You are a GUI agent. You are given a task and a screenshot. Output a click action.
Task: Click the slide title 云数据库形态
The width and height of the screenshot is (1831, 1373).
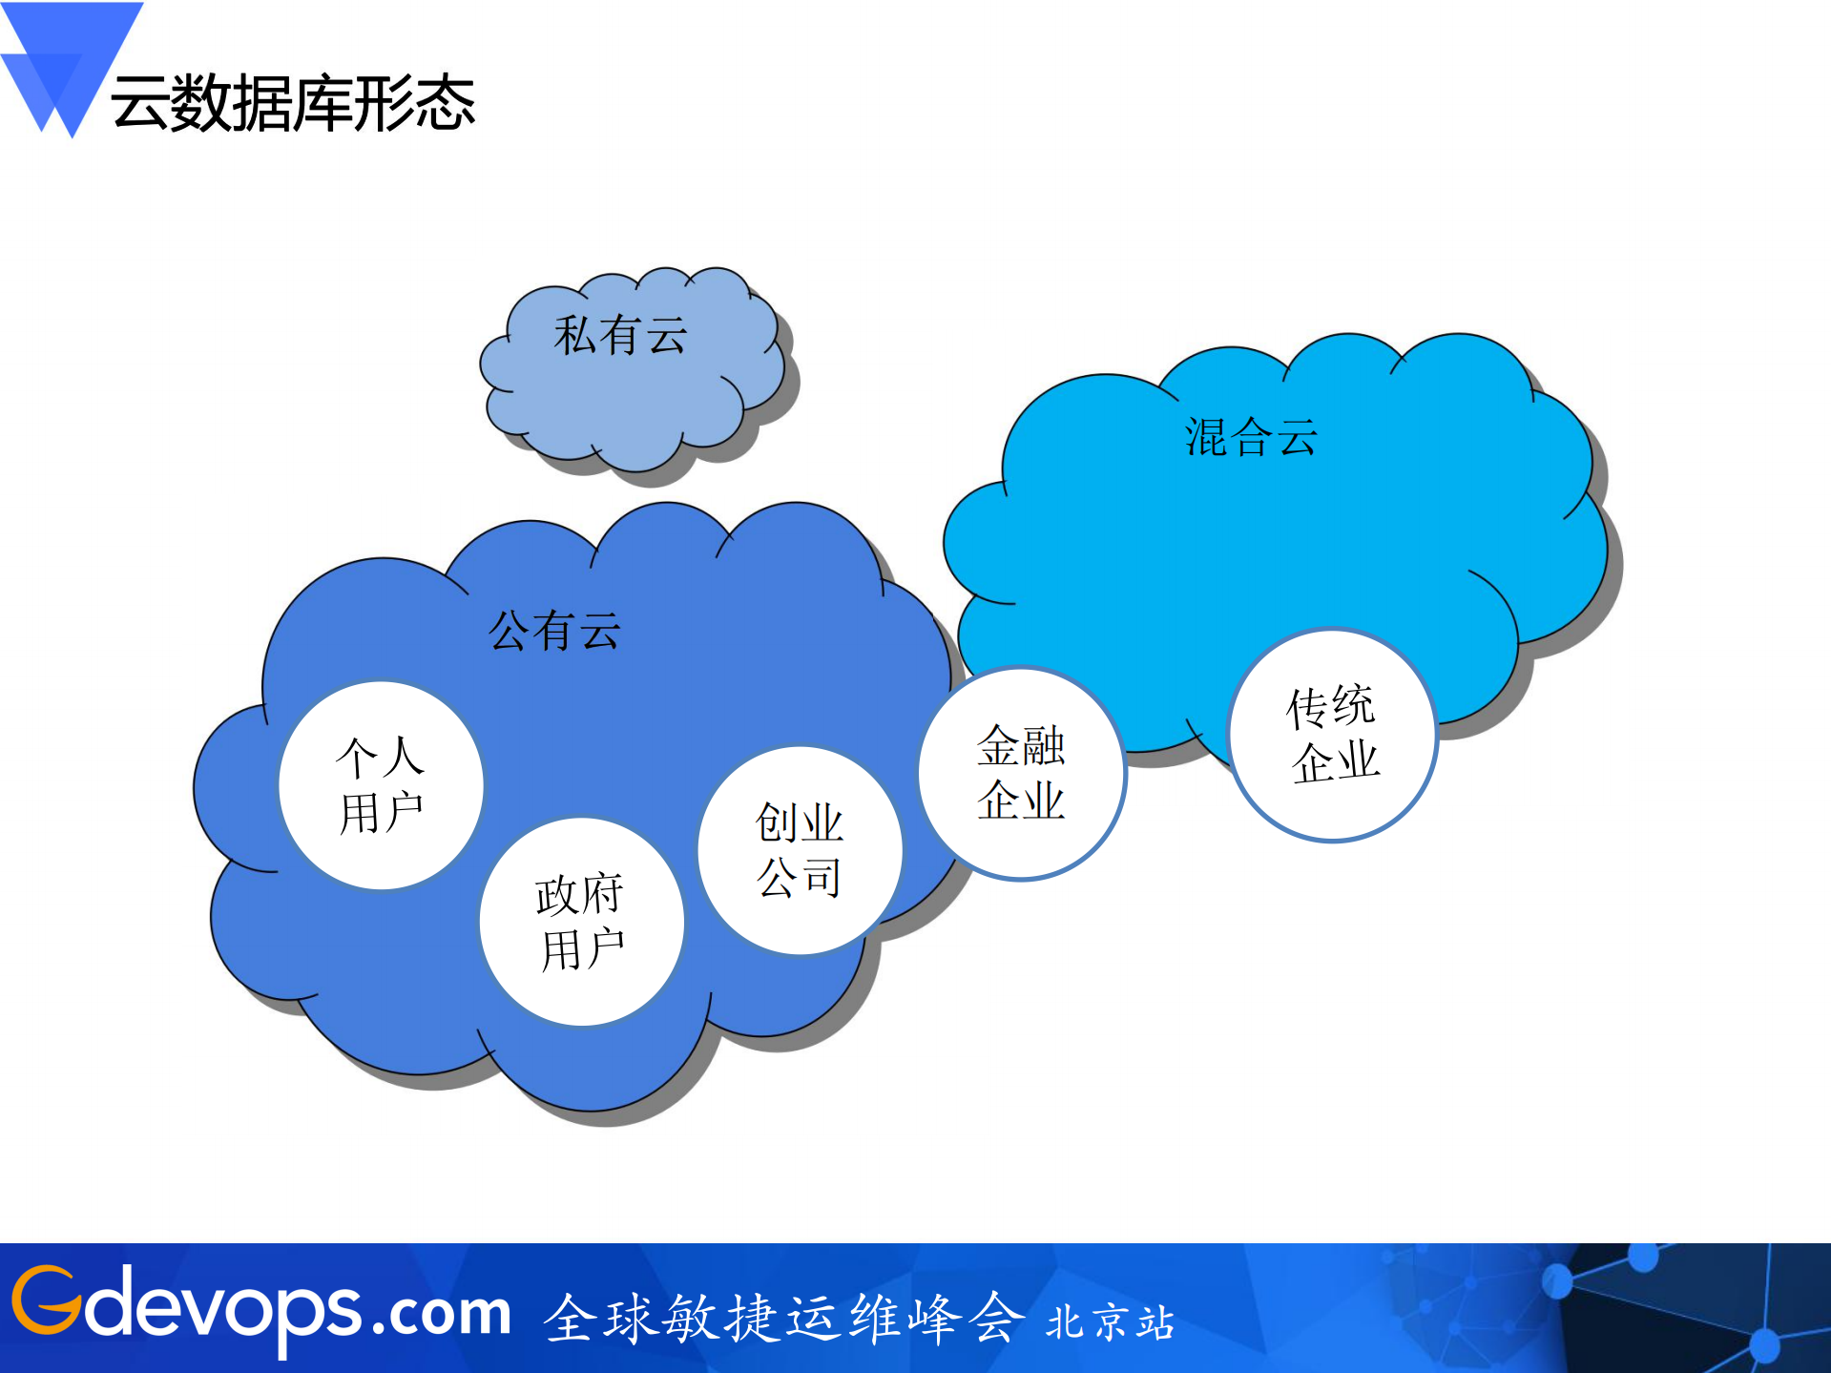click(293, 103)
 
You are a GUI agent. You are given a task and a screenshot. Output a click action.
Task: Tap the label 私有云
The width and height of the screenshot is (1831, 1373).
click(620, 336)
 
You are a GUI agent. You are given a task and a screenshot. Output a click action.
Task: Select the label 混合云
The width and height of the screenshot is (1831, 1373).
click(1251, 438)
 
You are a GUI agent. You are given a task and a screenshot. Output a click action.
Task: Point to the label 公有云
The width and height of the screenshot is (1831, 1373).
click(554, 631)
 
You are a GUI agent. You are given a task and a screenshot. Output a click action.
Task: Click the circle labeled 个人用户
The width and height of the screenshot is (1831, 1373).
click(381, 785)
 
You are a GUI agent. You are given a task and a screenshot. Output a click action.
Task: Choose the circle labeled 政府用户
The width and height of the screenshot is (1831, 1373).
click(581, 922)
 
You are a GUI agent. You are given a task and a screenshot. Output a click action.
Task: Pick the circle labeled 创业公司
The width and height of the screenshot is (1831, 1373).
click(800, 850)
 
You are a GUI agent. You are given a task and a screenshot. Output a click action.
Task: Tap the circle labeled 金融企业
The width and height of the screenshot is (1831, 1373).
click(1021, 773)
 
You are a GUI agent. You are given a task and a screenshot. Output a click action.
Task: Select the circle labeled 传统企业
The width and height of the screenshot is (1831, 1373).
click(1333, 735)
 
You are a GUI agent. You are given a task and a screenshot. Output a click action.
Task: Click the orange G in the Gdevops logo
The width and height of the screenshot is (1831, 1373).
click(46, 1300)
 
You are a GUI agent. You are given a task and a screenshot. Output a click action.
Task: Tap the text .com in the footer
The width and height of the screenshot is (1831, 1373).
click(442, 1312)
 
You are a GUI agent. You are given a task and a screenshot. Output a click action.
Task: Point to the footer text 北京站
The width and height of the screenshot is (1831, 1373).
click(1110, 1322)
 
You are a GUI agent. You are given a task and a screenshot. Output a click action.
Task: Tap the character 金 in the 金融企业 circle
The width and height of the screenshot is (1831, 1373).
click(998, 745)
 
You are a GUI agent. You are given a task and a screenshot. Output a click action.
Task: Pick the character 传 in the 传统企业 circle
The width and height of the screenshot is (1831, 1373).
click(1307, 708)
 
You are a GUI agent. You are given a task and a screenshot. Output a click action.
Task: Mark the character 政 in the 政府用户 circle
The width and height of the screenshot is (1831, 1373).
click(556, 895)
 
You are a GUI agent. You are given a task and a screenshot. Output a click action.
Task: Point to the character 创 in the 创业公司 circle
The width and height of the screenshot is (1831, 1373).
click(776, 822)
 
